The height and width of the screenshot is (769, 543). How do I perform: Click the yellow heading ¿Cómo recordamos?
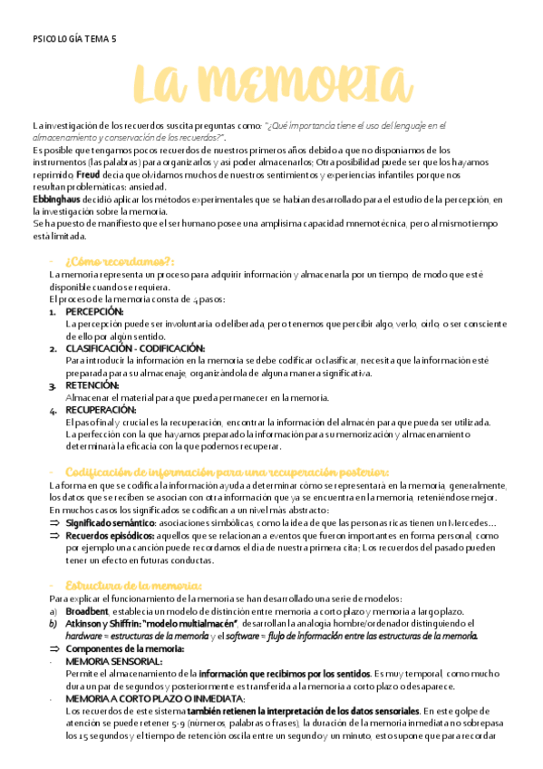point(120,261)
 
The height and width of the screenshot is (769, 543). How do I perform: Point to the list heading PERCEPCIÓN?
point(95,311)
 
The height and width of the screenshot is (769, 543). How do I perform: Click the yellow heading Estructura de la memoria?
point(133,585)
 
